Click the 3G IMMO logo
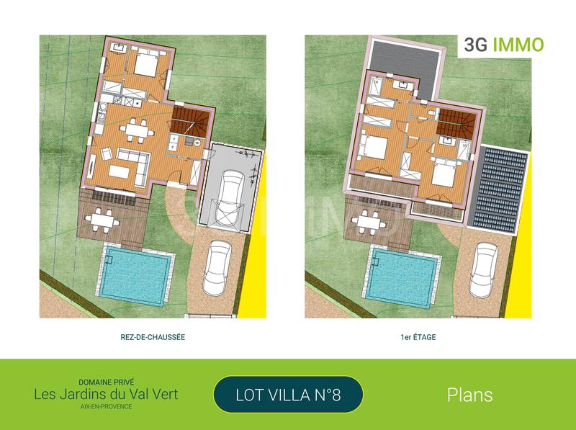(501, 45)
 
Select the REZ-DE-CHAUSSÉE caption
(153, 336)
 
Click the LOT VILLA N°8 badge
(288, 395)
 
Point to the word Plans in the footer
(469, 395)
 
